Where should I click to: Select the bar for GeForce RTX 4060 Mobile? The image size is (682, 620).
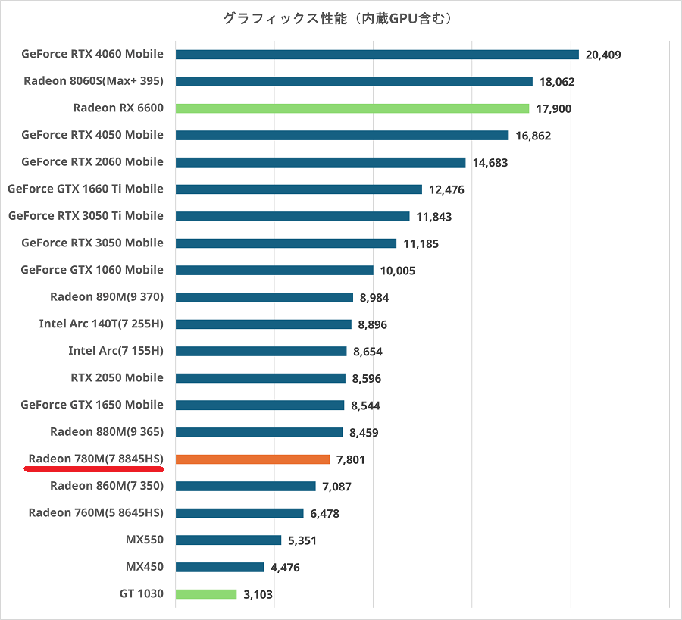377,55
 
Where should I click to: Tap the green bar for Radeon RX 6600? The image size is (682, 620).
352,108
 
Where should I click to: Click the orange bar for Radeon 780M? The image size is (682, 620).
252,459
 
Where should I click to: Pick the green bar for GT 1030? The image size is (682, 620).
205,594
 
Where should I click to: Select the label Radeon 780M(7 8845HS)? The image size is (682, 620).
96,459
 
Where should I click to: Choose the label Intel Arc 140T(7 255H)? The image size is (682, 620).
102,324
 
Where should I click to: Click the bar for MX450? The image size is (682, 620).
219,567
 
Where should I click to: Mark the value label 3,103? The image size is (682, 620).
258,595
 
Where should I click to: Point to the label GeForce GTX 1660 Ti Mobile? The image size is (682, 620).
86,189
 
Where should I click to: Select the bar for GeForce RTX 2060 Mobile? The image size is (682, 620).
320,162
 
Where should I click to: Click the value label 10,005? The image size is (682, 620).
399,271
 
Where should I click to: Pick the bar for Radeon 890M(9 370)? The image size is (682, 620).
264,297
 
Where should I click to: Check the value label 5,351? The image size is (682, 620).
302,540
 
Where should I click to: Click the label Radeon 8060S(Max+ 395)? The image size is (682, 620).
94,81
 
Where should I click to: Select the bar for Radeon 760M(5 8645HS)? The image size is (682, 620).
239,513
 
